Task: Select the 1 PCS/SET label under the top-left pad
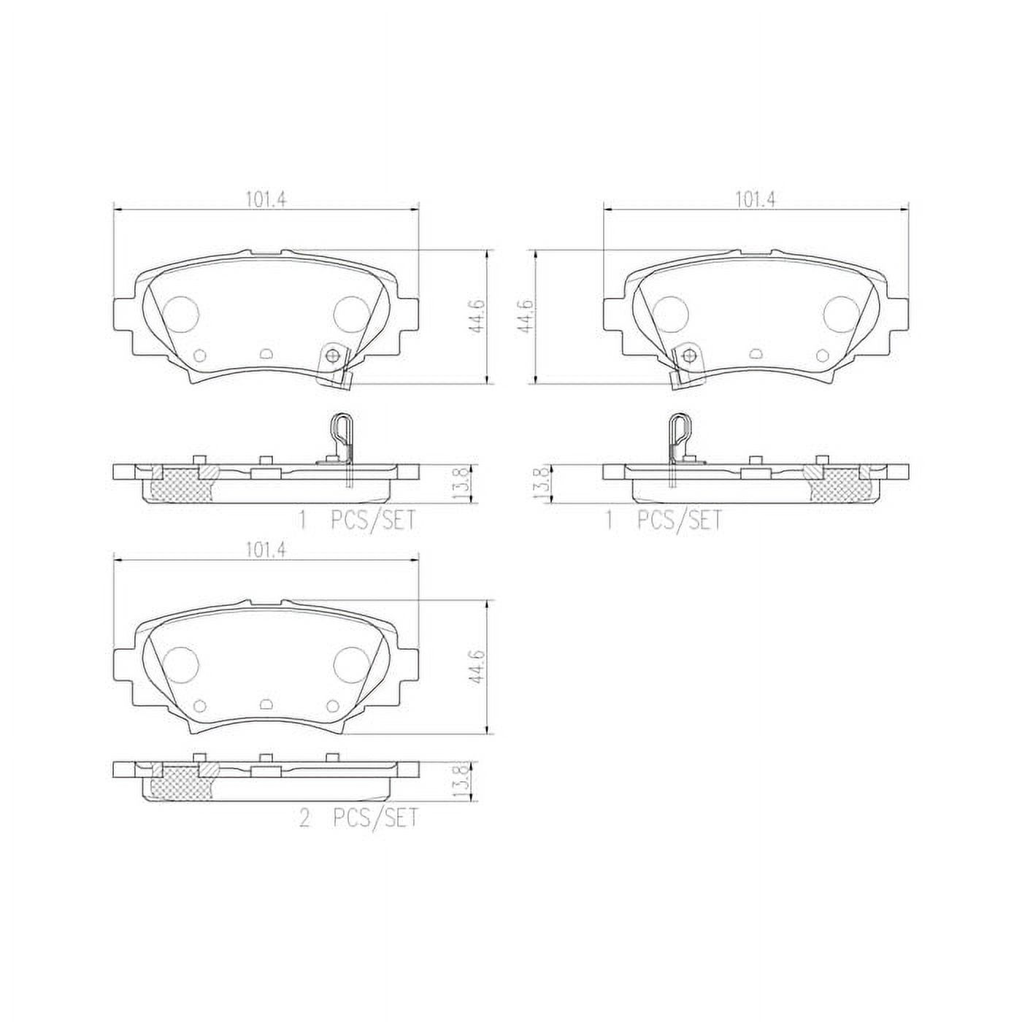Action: [357, 520]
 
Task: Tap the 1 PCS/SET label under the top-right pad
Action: [664, 520]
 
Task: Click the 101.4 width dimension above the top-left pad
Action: [265, 199]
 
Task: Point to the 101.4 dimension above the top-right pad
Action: [755, 199]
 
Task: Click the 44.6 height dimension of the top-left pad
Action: [478, 315]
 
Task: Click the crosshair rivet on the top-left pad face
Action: [334, 356]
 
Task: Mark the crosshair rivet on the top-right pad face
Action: [688, 356]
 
